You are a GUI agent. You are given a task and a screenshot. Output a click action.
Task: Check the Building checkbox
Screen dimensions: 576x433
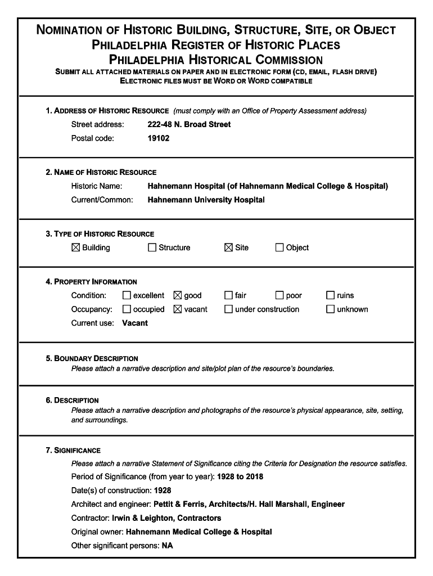tap(76, 247)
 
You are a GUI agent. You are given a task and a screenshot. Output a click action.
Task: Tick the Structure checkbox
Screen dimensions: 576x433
tap(152, 247)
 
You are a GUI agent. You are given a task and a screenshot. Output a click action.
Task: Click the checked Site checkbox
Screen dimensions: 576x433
tap(229, 247)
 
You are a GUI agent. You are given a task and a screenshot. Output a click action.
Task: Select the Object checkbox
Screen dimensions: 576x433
tap(279, 247)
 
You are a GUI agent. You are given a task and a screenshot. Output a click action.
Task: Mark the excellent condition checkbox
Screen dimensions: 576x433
tap(127, 295)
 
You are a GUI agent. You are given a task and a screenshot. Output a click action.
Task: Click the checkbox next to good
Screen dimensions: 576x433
tap(178, 295)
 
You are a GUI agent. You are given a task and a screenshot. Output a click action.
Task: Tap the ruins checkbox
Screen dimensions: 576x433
tap(331, 295)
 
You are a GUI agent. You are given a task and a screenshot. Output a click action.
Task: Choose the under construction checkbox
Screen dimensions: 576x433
tap(229, 309)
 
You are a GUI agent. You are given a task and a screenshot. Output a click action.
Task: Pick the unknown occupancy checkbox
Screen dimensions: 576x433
tap(331, 309)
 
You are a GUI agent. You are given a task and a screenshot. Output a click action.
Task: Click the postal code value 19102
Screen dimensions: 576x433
tap(158, 138)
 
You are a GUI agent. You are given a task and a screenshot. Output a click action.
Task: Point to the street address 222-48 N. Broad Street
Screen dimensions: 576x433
tap(189, 124)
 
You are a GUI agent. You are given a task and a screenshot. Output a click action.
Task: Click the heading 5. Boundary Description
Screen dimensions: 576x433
tap(92, 358)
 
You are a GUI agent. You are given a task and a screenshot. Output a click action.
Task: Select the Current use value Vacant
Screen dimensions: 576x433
tap(135, 323)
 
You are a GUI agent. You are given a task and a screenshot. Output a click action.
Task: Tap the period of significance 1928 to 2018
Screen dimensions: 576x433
tap(240, 476)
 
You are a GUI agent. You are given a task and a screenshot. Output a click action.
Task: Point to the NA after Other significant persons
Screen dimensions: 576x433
tap(167, 546)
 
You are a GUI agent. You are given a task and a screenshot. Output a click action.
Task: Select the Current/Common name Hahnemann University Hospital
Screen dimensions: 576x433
tap(206, 200)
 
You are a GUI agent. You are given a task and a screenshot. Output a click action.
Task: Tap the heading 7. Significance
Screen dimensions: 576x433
tap(73, 451)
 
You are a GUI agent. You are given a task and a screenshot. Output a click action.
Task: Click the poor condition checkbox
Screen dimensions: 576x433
tap(279, 295)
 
